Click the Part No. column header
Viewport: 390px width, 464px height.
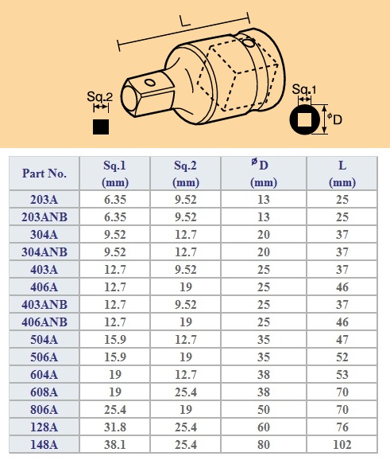44,173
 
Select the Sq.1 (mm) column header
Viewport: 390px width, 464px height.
115,173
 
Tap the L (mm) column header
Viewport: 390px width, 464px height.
342,173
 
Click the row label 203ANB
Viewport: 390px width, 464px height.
44,216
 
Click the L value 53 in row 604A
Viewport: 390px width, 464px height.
342,374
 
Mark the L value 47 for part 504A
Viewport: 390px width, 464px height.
342,339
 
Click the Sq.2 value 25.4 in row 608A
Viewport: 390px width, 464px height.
187,391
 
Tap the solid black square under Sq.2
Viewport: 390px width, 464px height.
100,126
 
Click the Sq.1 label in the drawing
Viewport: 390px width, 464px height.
302,89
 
